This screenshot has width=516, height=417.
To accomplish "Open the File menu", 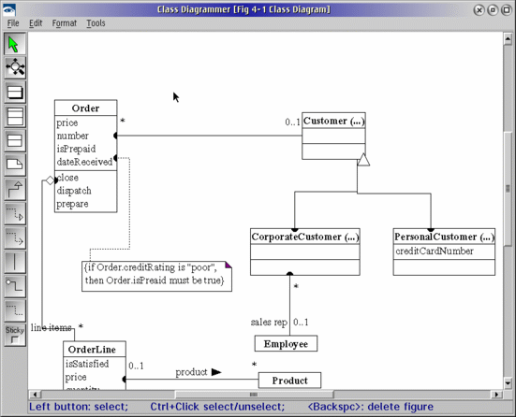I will (13, 23).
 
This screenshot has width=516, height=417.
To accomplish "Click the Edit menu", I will (36, 23).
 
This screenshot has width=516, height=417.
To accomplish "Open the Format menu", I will (65, 23).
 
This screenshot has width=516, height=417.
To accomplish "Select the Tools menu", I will (96, 23).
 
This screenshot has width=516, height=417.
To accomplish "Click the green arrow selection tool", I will (14, 44).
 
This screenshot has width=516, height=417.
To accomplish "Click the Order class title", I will (85, 108).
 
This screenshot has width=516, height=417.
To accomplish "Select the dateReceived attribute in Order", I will (84, 162).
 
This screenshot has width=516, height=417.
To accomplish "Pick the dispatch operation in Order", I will (74, 191).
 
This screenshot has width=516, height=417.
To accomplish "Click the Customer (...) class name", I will (332, 121).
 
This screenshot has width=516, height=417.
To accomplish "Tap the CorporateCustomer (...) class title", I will (305, 237).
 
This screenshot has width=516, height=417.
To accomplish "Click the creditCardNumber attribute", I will (434, 252).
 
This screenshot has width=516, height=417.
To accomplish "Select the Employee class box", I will (286, 344).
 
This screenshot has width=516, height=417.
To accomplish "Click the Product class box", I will (289, 381).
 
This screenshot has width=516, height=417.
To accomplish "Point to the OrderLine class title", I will (93, 349).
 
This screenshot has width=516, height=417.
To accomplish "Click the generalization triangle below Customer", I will (363, 161).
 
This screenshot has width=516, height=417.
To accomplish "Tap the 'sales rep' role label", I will (268, 322).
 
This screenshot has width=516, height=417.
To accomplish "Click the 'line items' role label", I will (52, 327).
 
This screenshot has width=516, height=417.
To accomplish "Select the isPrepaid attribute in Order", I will (75, 149).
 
